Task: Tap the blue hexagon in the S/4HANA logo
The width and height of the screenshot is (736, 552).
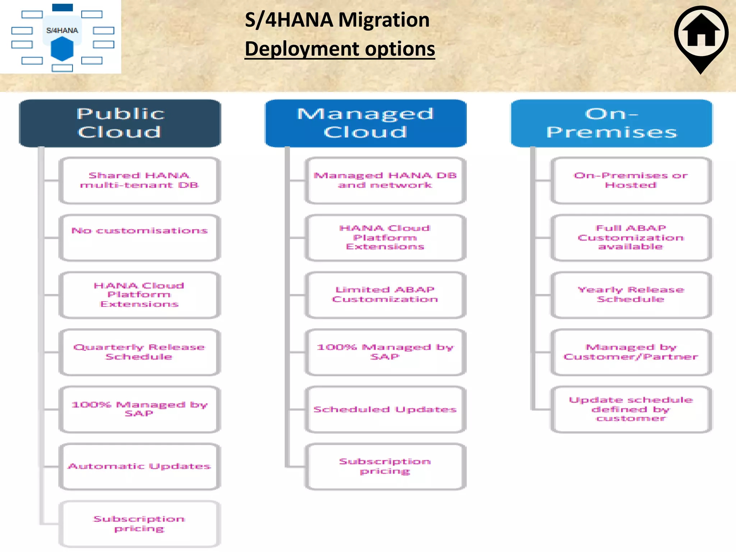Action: [x=62, y=49]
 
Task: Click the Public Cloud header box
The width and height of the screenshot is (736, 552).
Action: [x=120, y=123]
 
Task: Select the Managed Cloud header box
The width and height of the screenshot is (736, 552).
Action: [x=365, y=123]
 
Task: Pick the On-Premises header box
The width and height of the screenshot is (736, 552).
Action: [x=612, y=123]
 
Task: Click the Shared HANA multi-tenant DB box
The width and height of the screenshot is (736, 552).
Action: [x=139, y=180]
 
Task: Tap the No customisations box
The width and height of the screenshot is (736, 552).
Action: [x=139, y=238]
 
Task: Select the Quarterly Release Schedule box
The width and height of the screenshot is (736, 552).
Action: [x=139, y=352]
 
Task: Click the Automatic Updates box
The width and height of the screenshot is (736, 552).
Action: [x=139, y=466]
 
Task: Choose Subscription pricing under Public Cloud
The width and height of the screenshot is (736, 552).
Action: [x=139, y=524]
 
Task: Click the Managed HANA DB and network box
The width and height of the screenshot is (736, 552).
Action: [x=385, y=180]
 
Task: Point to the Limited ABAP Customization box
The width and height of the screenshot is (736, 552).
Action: [x=385, y=295]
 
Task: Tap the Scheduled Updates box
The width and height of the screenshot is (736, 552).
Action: [x=385, y=409]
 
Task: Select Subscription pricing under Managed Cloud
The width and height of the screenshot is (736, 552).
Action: [x=385, y=466]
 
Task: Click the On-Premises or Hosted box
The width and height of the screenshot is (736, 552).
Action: [x=631, y=180]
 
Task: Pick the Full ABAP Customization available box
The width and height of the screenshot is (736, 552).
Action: [x=631, y=238]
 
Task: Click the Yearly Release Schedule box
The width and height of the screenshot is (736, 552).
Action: [x=631, y=295]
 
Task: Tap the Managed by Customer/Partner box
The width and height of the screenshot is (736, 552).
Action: [x=631, y=352]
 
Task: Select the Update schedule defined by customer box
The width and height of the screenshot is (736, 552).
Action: [x=631, y=409]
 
